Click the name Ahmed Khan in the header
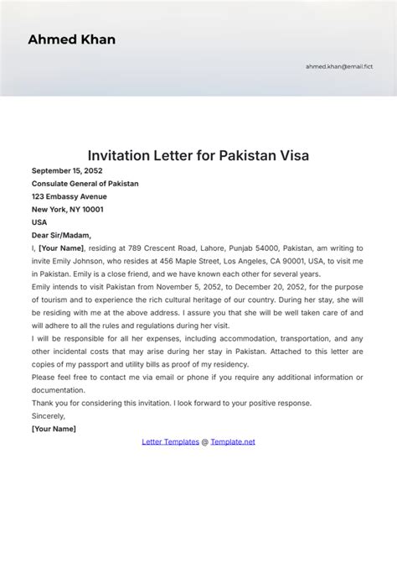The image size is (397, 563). click(x=72, y=39)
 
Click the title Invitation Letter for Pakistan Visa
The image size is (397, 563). click(x=198, y=155)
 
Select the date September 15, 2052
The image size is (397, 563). click(x=68, y=170)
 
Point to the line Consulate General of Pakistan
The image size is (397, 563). click(x=85, y=184)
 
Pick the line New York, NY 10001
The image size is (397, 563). click(x=68, y=210)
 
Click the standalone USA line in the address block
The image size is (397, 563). click(x=39, y=222)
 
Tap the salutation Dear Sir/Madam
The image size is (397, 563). click(x=61, y=236)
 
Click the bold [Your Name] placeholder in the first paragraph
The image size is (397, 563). click(x=61, y=248)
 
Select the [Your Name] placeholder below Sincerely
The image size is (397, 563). click(x=54, y=429)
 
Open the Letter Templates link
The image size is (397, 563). click(x=170, y=441)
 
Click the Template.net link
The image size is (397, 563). click(x=233, y=441)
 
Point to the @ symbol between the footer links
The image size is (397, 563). click(x=204, y=441)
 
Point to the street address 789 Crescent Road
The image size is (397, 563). click(x=144, y=248)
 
